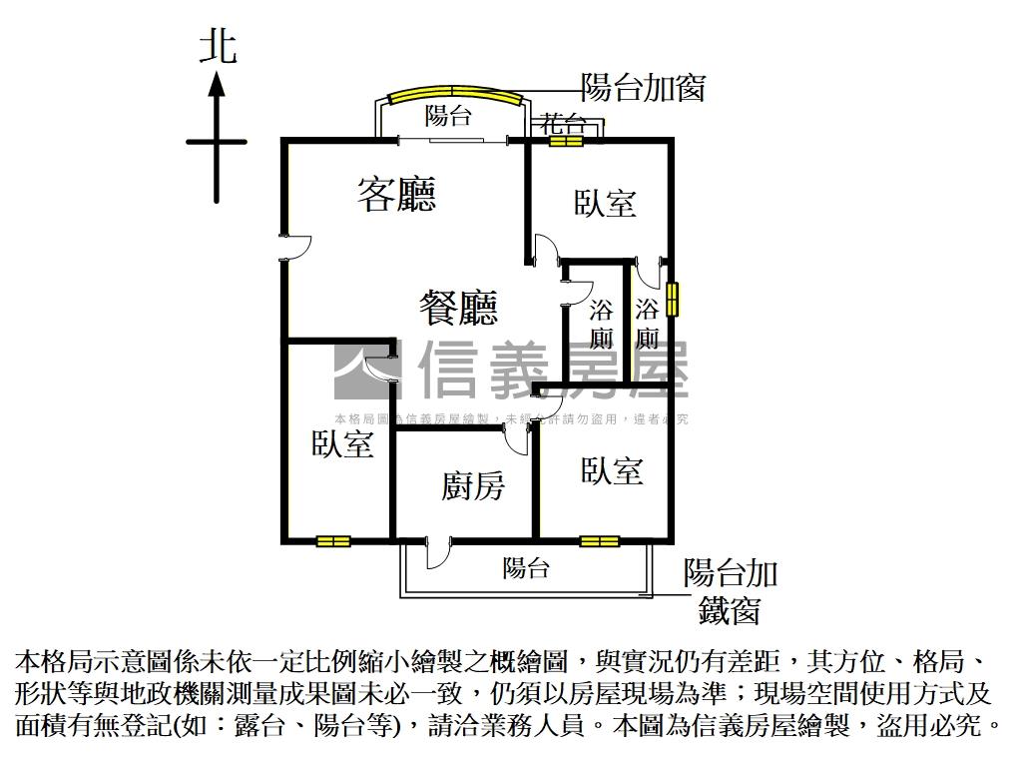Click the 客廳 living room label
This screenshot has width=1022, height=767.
(x=396, y=194)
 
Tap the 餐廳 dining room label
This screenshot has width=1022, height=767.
(x=458, y=308)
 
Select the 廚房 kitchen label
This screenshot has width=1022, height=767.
(x=473, y=486)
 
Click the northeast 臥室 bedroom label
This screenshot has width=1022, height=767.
(x=605, y=203)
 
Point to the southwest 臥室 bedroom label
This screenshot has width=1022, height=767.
(x=342, y=444)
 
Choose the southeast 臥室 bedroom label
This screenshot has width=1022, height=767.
(x=612, y=470)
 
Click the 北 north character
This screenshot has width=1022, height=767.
(x=218, y=47)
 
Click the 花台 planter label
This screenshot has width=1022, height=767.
(x=563, y=124)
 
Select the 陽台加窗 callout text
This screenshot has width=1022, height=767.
(x=643, y=88)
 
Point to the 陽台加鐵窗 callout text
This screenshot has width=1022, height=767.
(x=730, y=590)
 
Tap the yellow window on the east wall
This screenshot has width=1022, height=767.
(x=673, y=298)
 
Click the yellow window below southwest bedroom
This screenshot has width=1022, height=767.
(x=333, y=541)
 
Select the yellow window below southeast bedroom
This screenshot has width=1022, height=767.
(x=599, y=541)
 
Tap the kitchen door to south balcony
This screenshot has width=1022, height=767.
(x=439, y=550)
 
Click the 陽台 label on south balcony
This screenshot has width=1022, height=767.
(x=525, y=568)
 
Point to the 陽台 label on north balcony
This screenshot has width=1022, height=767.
(x=448, y=116)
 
